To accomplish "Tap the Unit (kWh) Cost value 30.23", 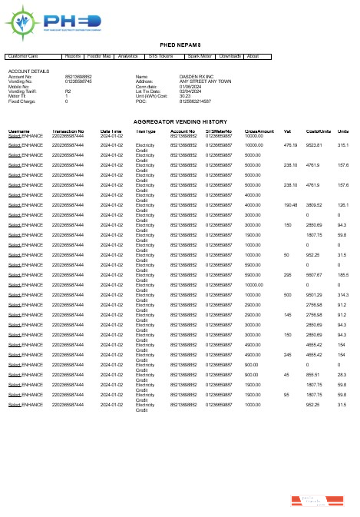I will pyautogui.click(x=163, y=96).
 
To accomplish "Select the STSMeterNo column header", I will pyautogui.click(x=220, y=132).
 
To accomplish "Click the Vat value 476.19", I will pyautogui.click(x=290, y=144).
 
